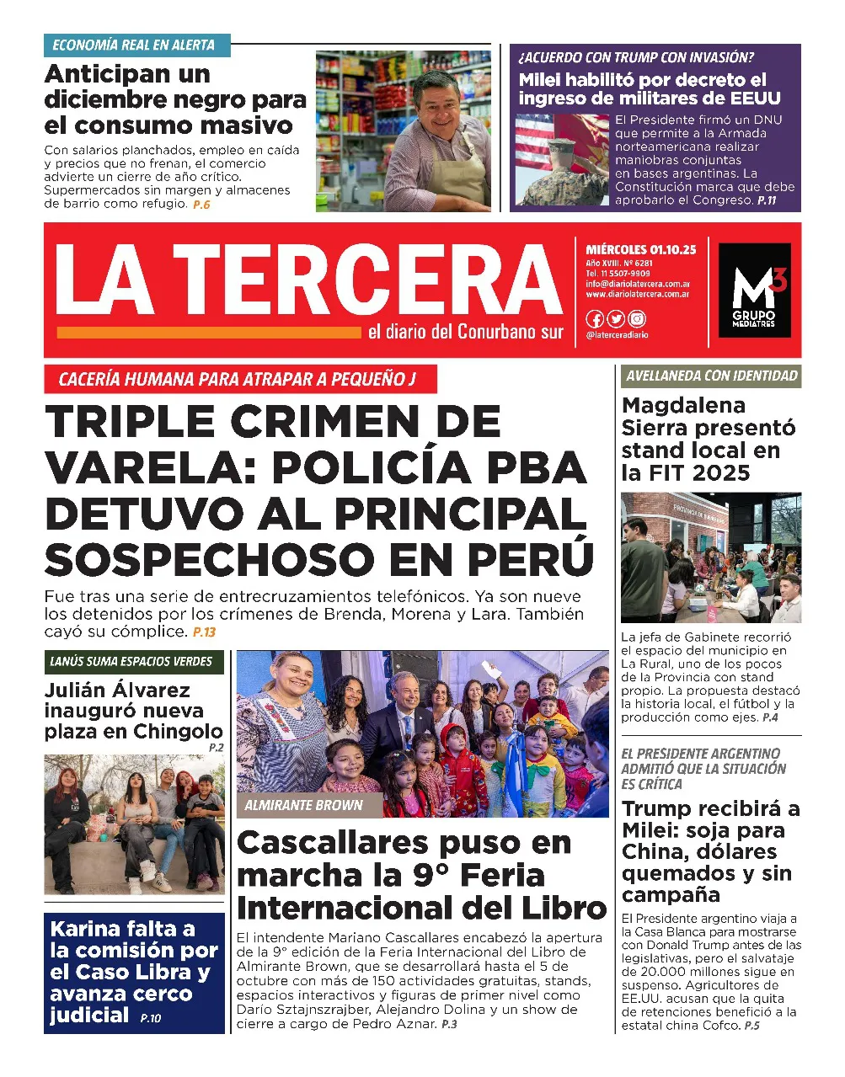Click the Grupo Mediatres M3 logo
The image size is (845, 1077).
pyautogui.click(x=754, y=290)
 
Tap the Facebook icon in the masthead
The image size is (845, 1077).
pyautogui.click(x=594, y=319)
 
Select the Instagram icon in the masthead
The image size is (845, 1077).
pyautogui.click(x=637, y=319)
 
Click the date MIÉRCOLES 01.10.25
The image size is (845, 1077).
pyautogui.click(x=641, y=250)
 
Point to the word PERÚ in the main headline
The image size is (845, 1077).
pyautogui.click(x=531, y=559)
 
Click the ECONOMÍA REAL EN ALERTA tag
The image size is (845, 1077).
pyautogui.click(x=134, y=45)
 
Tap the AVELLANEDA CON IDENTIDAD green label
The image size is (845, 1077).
pyautogui.click(x=711, y=376)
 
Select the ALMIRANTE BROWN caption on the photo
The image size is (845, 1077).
pyautogui.click(x=303, y=806)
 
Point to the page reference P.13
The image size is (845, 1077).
pyautogui.click(x=204, y=632)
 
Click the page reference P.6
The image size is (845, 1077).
pyautogui.click(x=201, y=205)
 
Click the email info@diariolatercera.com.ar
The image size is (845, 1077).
pyautogui.click(x=638, y=284)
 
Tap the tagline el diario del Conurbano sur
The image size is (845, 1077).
pyautogui.click(x=465, y=332)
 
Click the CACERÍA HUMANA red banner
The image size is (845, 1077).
pyautogui.click(x=238, y=380)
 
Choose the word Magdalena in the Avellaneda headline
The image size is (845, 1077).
pyautogui.click(x=683, y=406)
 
